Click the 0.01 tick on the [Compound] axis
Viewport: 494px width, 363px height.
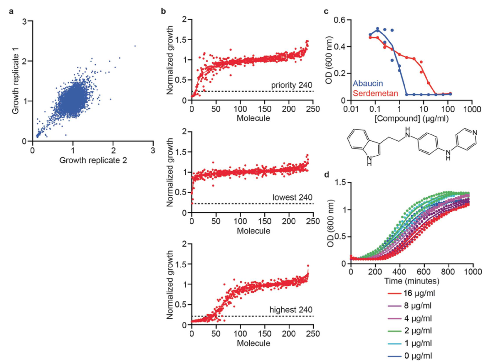coord(350,110)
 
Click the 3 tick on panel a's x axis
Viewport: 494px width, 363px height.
coord(153,149)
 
